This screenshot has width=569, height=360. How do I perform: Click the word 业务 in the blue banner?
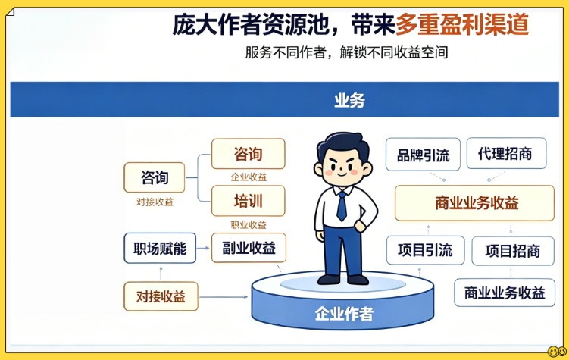(x=349, y=101)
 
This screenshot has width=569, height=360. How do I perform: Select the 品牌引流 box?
(x=423, y=155)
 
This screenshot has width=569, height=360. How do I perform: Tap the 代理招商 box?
(x=506, y=153)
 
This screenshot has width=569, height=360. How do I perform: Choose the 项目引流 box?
(x=425, y=250)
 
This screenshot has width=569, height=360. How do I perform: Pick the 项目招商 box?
(x=513, y=251)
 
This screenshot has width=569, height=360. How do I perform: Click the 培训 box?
(x=249, y=201)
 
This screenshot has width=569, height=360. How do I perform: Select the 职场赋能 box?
(x=160, y=249)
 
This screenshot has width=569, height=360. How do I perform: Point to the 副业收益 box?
(x=249, y=248)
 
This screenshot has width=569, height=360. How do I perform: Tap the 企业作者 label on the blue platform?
(x=344, y=314)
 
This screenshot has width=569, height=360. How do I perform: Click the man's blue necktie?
(x=342, y=205)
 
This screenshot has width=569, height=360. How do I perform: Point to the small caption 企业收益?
(x=249, y=177)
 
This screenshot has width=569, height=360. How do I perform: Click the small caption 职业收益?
(x=249, y=224)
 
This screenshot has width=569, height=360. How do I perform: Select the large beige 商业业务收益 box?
(x=474, y=203)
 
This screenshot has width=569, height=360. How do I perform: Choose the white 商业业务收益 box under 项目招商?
(x=505, y=293)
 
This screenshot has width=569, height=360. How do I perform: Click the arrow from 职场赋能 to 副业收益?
(x=203, y=249)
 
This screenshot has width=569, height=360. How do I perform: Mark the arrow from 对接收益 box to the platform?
(x=224, y=297)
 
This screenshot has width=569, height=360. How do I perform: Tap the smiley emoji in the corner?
(x=557, y=352)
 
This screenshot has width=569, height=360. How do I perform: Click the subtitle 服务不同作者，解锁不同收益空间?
(x=346, y=52)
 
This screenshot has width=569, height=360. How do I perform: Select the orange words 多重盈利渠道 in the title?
(x=462, y=25)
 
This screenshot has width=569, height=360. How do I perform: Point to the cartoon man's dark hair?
(x=342, y=144)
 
